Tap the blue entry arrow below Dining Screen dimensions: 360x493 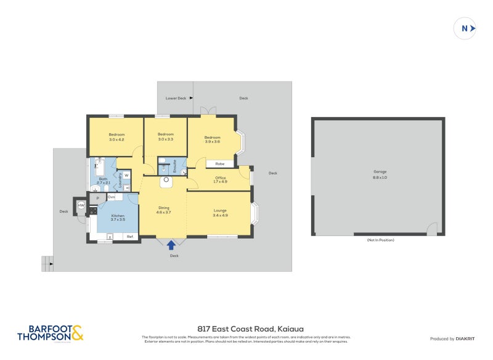pyautogui.click(x=171, y=245)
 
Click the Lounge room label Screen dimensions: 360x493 pyautogui.click(x=220, y=213)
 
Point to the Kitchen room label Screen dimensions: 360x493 pyautogui.click(x=118, y=218)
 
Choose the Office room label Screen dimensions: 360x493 pyautogui.click(x=220, y=180)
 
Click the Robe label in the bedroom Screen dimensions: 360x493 pyautogui.click(x=219, y=164)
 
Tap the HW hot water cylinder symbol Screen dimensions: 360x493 pyautogui.click(x=81, y=206)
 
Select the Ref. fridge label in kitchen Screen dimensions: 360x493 pyautogui.click(x=131, y=236)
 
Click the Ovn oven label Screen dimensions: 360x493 pyautogui.click(x=112, y=197)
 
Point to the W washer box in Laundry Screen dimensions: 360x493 pyautogui.click(x=126, y=176)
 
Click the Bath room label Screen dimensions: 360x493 pyautogui.click(x=104, y=181)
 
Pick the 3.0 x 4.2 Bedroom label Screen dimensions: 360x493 pyautogui.click(x=116, y=137)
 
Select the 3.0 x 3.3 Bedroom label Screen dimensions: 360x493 pyautogui.click(x=165, y=137)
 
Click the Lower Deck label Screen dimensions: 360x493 pyautogui.click(x=176, y=98)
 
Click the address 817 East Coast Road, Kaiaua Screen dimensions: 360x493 pyautogui.click(x=250, y=329)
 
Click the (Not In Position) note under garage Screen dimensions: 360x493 pyautogui.click(x=380, y=240)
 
